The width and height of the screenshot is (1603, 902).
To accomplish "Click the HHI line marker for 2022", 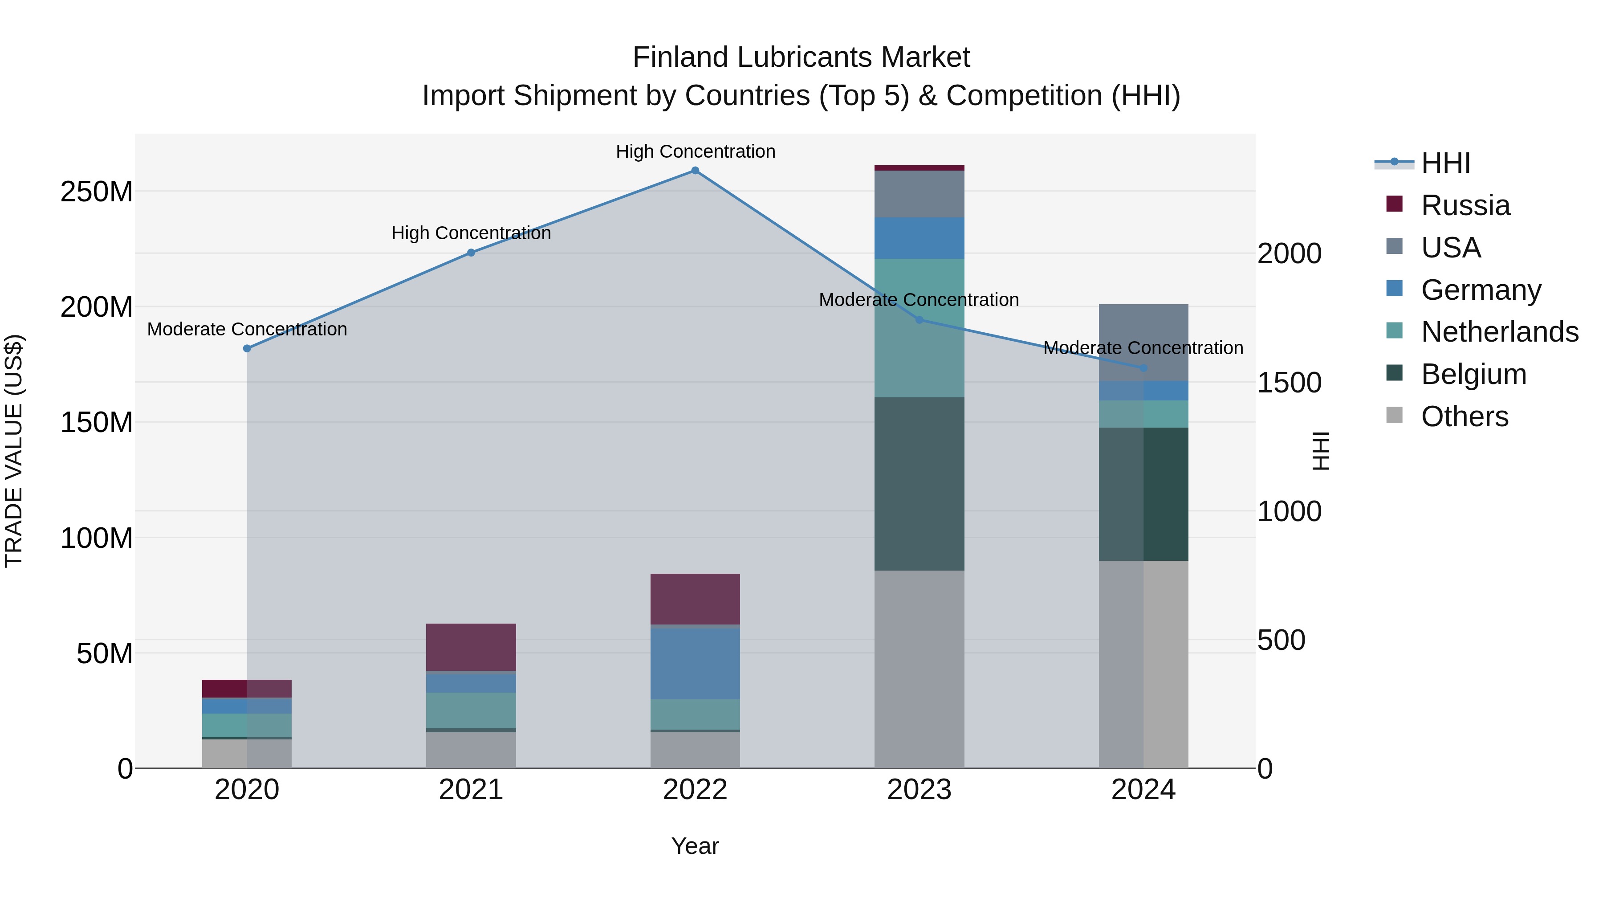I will [695, 171].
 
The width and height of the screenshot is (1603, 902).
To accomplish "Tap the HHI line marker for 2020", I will [247, 349].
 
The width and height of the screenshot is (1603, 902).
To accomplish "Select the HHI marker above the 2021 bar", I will [471, 253].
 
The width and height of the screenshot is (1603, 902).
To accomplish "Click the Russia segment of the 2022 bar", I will [695, 599].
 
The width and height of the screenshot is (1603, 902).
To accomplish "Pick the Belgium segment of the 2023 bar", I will [919, 484].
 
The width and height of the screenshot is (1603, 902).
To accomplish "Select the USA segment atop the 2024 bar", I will [1143, 343].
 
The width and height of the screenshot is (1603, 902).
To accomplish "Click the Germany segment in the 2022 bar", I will [695, 664].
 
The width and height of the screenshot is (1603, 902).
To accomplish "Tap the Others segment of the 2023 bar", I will [919, 669].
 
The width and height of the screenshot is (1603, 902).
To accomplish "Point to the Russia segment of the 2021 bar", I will [471, 647].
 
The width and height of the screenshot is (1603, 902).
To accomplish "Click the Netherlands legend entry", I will [1499, 332].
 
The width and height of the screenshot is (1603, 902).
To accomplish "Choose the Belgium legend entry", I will [1473, 374].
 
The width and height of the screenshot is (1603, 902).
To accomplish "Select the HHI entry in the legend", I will [1445, 163].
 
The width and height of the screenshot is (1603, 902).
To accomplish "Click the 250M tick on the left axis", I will [97, 192].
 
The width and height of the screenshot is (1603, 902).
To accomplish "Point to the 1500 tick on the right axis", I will [1290, 383].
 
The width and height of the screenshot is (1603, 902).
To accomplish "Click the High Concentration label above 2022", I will [695, 151].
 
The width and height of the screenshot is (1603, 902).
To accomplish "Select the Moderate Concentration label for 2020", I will [247, 329].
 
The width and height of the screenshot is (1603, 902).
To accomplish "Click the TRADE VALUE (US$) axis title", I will [14, 451].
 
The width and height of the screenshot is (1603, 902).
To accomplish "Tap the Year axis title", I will [695, 846].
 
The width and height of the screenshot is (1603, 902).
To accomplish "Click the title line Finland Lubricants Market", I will [801, 57].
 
